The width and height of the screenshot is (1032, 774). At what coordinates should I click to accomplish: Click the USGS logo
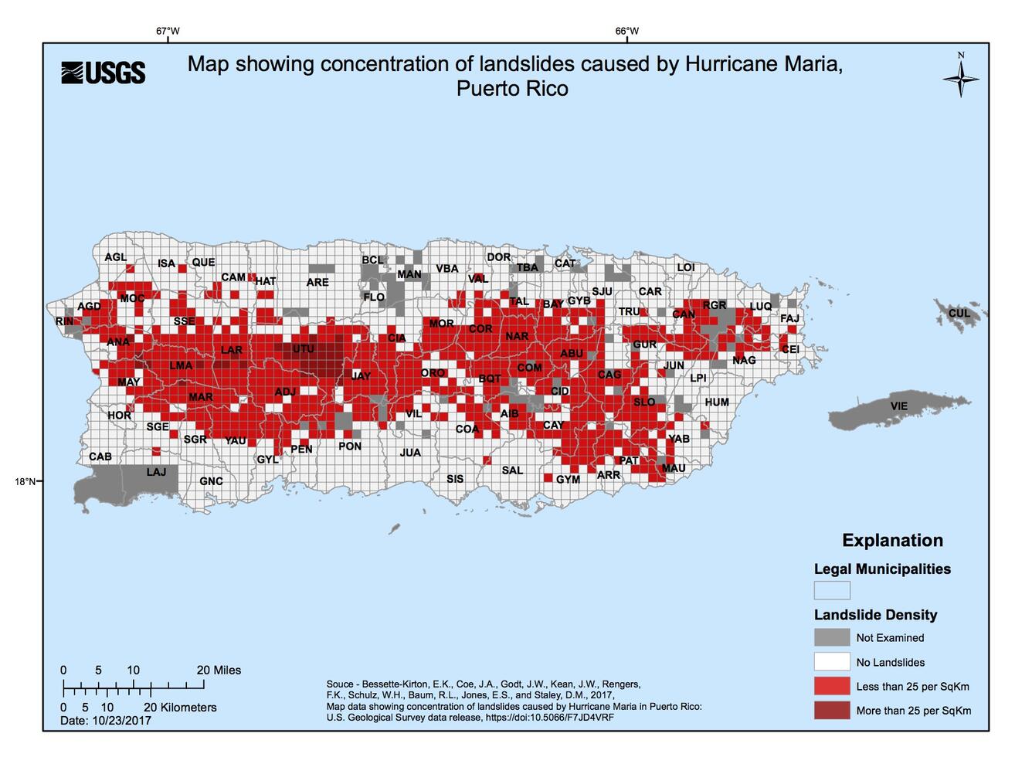tap(103, 73)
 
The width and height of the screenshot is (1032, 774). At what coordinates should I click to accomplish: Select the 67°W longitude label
tap(168, 32)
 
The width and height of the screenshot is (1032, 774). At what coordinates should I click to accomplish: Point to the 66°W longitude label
tap(626, 32)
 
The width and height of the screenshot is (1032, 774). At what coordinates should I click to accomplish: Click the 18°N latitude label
tap(24, 481)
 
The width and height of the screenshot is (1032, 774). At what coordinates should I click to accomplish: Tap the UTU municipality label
tap(304, 349)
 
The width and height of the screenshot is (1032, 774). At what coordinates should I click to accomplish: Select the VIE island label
tap(898, 406)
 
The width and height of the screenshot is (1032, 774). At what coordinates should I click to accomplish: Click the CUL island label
tap(959, 313)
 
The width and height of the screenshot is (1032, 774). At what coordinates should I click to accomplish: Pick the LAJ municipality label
tap(156, 471)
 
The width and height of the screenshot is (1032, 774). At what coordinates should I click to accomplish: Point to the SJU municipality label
tap(602, 291)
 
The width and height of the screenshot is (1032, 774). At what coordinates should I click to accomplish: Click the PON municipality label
tap(350, 446)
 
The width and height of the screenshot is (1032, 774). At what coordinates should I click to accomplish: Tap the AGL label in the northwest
tap(115, 257)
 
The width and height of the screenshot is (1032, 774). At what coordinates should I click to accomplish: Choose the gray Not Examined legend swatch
tap(831, 637)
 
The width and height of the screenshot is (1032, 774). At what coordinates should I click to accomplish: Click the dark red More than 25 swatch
tap(831, 710)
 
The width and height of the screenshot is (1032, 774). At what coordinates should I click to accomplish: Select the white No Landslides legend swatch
tap(831, 662)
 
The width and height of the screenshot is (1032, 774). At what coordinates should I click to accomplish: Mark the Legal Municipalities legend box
tap(831, 590)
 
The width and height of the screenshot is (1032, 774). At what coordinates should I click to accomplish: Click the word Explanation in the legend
tap(892, 541)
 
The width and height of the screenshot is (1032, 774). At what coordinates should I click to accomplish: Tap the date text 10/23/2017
tap(121, 720)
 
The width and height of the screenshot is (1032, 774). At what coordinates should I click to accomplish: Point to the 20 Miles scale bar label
tap(219, 670)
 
